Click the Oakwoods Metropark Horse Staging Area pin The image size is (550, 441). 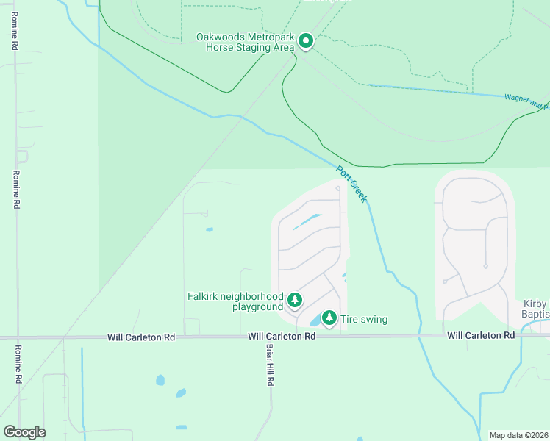(x=305, y=42)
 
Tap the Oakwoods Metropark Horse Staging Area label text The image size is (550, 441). (x=245, y=42)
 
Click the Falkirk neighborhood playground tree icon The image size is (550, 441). (x=294, y=300)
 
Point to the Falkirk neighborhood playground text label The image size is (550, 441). (x=235, y=301)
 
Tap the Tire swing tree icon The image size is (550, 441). (x=329, y=318)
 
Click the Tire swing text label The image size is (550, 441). (x=364, y=320)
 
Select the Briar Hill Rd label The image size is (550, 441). (x=270, y=367)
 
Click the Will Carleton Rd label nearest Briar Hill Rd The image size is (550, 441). (x=282, y=336)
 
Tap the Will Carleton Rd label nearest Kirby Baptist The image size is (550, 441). (x=482, y=336)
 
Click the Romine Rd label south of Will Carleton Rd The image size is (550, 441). (x=16, y=365)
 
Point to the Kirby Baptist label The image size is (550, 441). (x=537, y=309)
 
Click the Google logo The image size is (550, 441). (x=24, y=432)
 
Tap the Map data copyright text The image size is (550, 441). (x=519, y=435)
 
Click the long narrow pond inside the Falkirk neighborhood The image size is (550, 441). (x=307, y=221)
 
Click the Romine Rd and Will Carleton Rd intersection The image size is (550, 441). (x=16, y=337)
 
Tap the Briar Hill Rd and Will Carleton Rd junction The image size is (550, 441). (x=270, y=337)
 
